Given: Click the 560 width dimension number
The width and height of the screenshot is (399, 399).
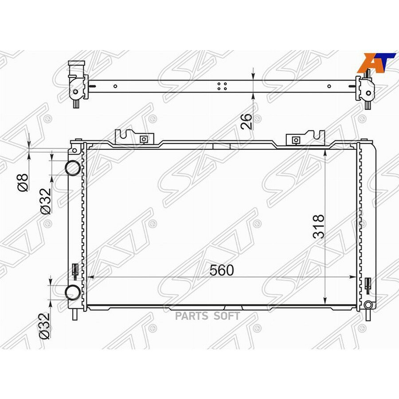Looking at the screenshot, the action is click(221, 270).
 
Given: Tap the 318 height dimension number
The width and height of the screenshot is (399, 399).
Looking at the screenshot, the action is click(319, 227).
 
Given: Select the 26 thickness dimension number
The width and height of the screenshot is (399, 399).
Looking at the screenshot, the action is click(246, 121).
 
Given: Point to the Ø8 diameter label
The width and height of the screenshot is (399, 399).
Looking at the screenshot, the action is click(23, 182).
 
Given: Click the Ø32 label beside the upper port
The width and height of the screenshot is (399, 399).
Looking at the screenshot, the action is click(46, 201).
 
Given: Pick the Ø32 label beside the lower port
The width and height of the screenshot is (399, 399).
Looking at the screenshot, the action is click(45, 326).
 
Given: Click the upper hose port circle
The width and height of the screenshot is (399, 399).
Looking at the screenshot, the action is click(73, 168).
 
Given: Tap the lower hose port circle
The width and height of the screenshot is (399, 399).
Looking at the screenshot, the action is click(73, 293).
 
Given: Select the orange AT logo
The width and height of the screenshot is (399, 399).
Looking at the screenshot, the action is click(376, 63).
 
